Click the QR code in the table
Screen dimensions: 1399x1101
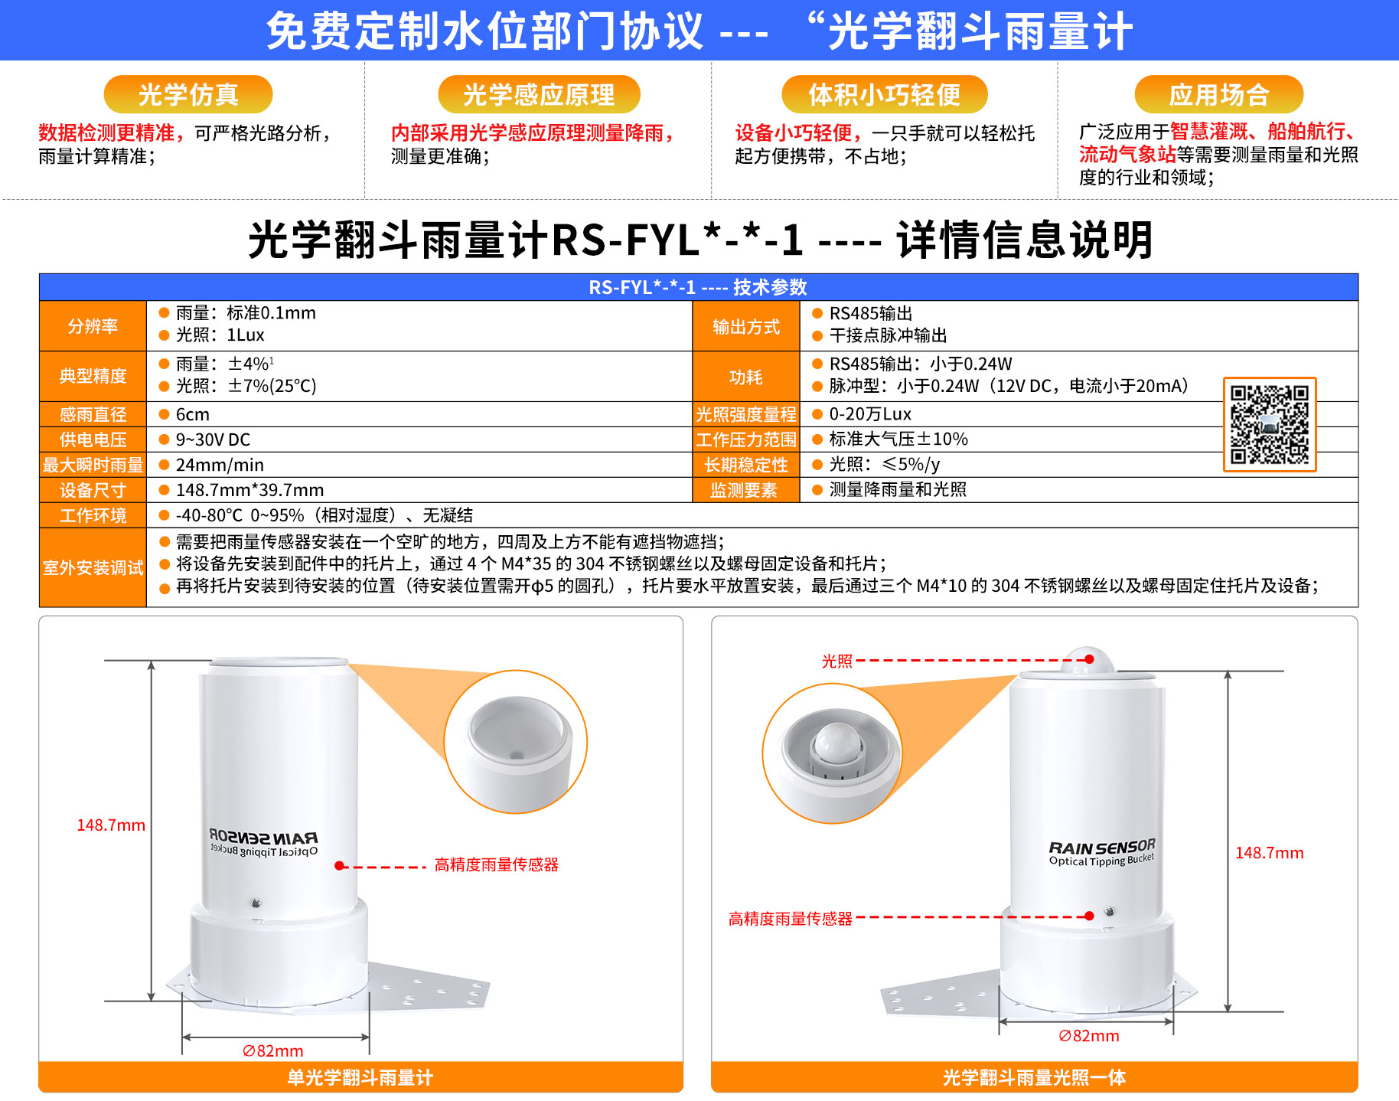pyautogui.click(x=1270, y=424)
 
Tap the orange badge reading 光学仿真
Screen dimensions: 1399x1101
pyautogui.click(x=188, y=94)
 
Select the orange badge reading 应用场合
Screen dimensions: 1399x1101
pyautogui.click(x=1219, y=94)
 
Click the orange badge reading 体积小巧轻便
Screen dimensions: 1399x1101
pyautogui.click(x=885, y=94)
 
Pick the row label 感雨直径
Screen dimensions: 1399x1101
pyautogui.click(x=93, y=414)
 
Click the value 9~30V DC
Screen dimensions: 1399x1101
pyautogui.click(x=213, y=439)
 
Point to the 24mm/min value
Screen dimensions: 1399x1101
pyautogui.click(x=220, y=465)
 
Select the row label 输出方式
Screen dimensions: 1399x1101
pyautogui.click(x=746, y=327)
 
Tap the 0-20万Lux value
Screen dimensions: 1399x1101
pyautogui.click(x=870, y=414)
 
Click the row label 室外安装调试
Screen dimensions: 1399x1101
pyautogui.click(x=93, y=567)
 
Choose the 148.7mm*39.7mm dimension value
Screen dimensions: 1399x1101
pyautogui.click(x=249, y=490)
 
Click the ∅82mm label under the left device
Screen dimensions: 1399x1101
pyautogui.click(x=273, y=1051)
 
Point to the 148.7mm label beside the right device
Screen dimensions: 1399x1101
pyautogui.click(x=1269, y=853)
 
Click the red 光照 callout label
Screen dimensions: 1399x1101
pyautogui.click(x=836, y=661)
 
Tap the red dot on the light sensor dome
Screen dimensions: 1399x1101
pyautogui.click(x=1089, y=659)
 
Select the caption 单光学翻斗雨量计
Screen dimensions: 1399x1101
pyautogui.click(x=360, y=1077)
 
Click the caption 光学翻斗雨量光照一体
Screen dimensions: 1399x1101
pyautogui.click(x=1034, y=1077)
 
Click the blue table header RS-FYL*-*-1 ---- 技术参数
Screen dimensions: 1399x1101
pyautogui.click(x=698, y=287)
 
